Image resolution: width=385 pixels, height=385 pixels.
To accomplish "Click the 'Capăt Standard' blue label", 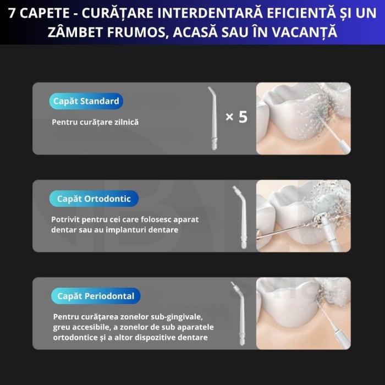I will point(86,101).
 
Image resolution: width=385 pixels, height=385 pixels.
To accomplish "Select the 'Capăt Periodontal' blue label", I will point(96,296).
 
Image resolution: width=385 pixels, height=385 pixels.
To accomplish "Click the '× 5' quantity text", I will point(237,117).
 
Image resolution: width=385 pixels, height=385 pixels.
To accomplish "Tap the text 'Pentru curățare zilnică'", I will point(95,122).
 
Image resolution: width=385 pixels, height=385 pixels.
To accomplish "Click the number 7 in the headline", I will point(12,12).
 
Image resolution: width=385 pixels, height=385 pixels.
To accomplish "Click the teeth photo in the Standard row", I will point(303,118).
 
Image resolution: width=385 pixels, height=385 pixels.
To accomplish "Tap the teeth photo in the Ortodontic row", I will point(303,216).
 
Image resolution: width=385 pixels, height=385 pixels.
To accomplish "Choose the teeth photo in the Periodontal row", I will point(303,313).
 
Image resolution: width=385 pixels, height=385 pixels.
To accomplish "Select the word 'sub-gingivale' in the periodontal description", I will point(176,316).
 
